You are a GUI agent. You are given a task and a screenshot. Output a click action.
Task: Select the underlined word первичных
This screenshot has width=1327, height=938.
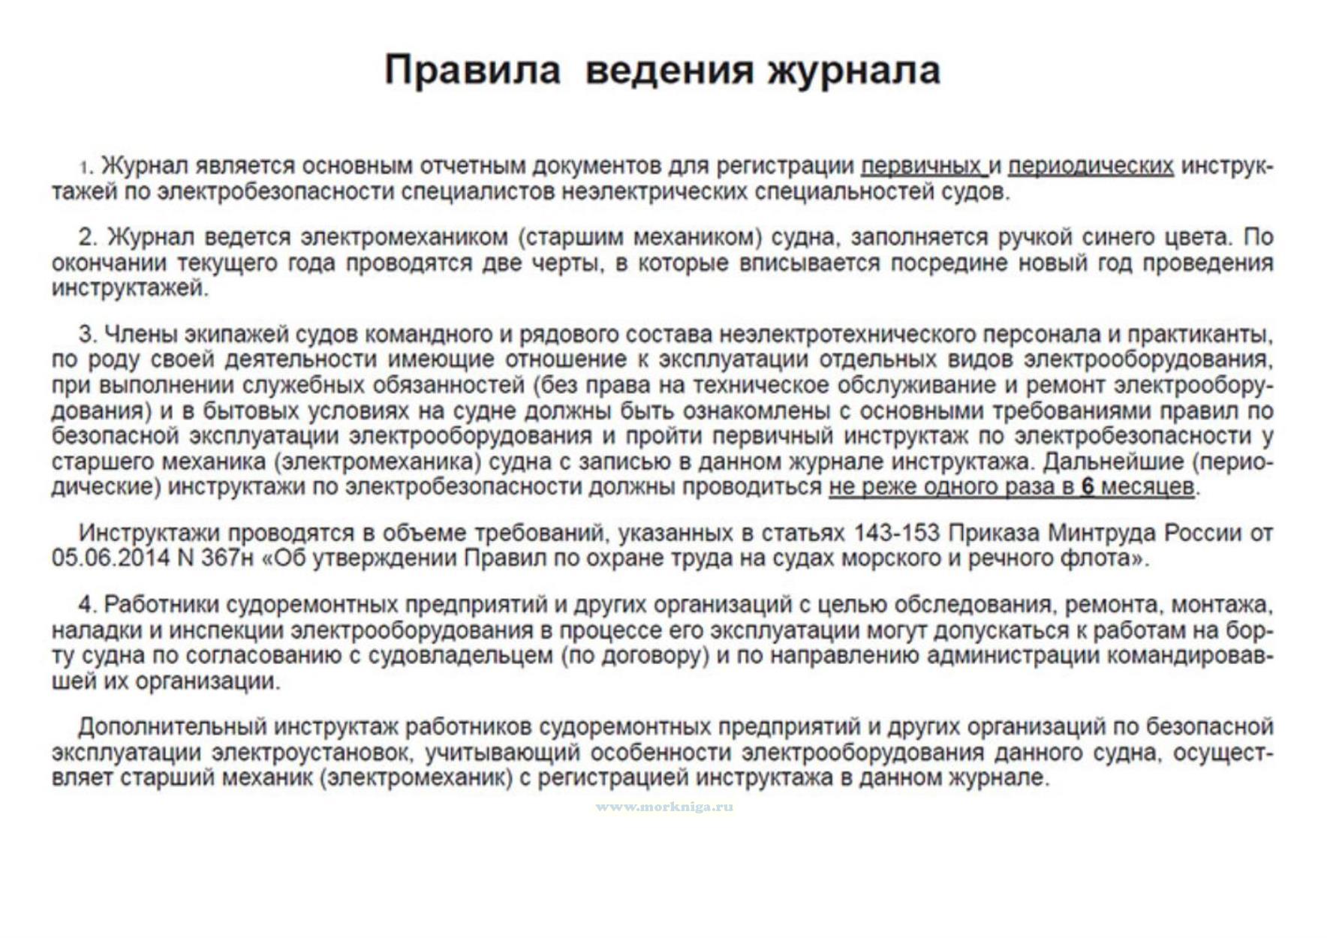[x=921, y=166]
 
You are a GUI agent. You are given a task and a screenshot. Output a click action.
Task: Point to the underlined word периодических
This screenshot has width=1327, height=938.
[x=1090, y=166]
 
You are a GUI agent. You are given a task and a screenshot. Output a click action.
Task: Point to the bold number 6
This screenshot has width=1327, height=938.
[x=1088, y=487]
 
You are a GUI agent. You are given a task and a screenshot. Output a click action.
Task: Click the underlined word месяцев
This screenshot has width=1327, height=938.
[x=1148, y=487]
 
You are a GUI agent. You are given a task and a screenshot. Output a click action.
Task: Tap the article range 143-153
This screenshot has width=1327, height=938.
[x=896, y=533]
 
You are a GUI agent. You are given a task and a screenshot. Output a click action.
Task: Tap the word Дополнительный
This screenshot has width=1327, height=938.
[x=172, y=727]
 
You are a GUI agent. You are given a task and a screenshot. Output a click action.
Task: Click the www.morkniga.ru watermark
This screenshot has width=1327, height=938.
[x=664, y=807]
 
